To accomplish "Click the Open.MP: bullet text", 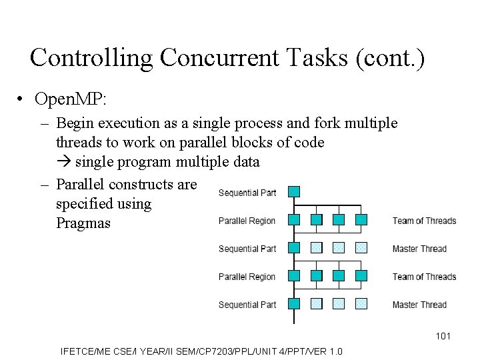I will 71,99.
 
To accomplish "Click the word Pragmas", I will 83,223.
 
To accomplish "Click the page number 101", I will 443,336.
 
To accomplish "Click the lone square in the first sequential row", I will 294,192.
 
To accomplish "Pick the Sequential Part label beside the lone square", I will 247,193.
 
